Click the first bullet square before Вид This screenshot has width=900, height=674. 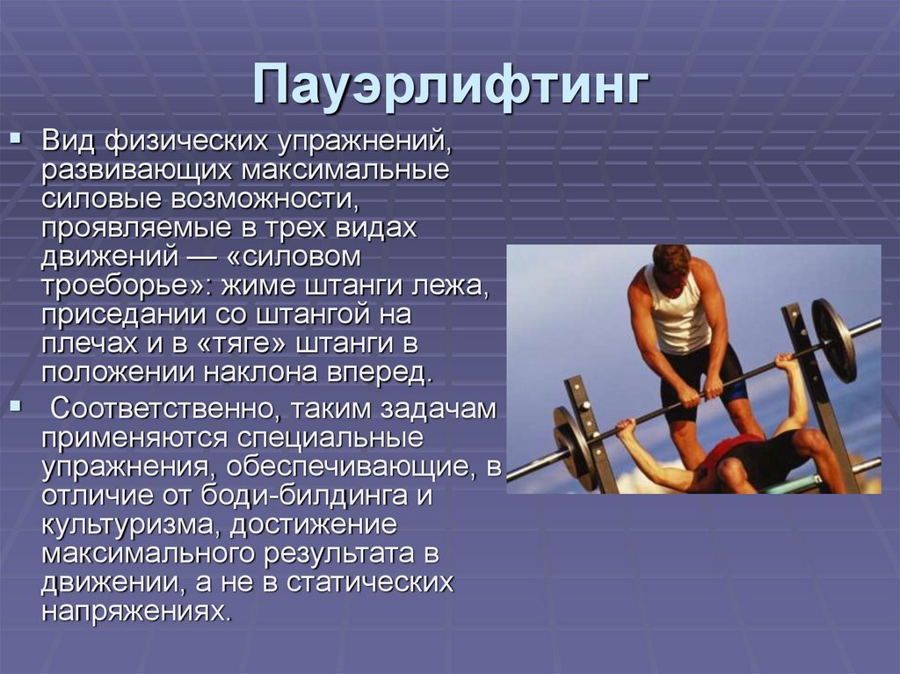15,140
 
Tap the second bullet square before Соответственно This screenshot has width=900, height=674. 15,405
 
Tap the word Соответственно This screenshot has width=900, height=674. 163,409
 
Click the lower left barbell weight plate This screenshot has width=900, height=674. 574,448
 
